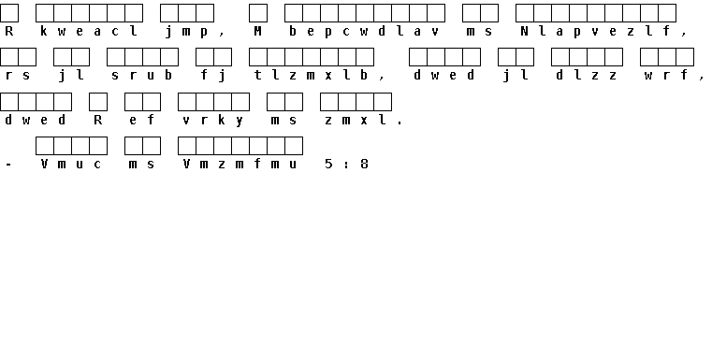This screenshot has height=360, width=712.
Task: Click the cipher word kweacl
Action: (x=89, y=31)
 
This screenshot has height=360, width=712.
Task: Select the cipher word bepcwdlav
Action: (x=365, y=31)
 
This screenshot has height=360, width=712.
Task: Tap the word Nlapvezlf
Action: (x=595, y=31)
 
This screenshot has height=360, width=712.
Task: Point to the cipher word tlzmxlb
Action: (x=311, y=75)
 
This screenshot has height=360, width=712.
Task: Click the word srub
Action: (x=142, y=75)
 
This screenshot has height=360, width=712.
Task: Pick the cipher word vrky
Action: (x=213, y=121)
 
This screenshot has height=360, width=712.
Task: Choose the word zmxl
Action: (x=356, y=121)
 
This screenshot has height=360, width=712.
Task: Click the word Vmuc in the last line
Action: (x=71, y=164)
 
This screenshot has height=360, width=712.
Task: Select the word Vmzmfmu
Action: (x=240, y=164)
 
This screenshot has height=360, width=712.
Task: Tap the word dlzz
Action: (x=587, y=75)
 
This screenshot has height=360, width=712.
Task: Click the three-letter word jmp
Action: (x=186, y=32)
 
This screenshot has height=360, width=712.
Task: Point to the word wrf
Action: (x=666, y=75)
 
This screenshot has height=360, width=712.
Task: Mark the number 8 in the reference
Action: (x=364, y=164)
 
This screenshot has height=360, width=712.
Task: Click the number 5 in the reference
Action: (x=328, y=164)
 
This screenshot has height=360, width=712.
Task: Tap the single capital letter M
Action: (x=258, y=31)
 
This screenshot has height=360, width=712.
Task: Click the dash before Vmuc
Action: (x=9, y=165)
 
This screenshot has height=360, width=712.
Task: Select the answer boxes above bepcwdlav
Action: (x=365, y=13)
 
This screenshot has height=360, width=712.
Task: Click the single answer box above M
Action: (x=258, y=13)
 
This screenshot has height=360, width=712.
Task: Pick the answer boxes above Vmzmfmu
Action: (x=240, y=146)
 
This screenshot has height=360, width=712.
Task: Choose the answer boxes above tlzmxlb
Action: (x=312, y=57)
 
